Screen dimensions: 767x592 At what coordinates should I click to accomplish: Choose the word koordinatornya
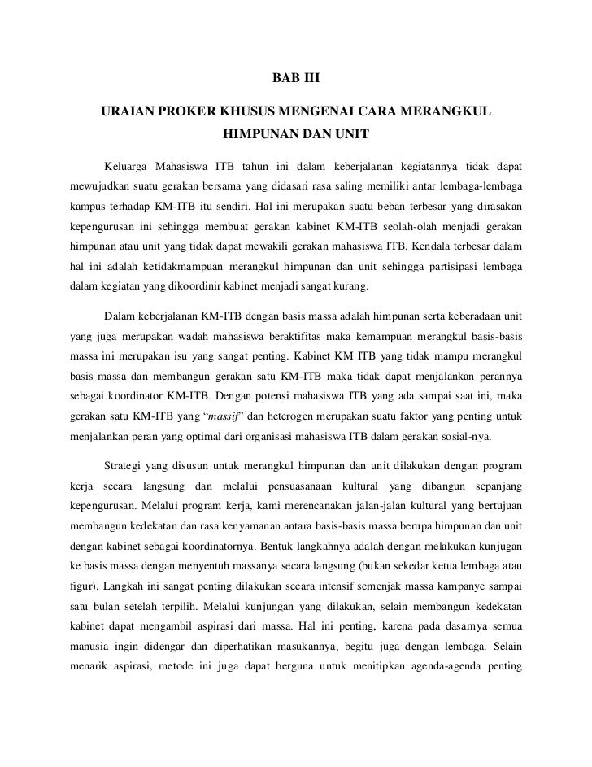(x=230, y=551)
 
